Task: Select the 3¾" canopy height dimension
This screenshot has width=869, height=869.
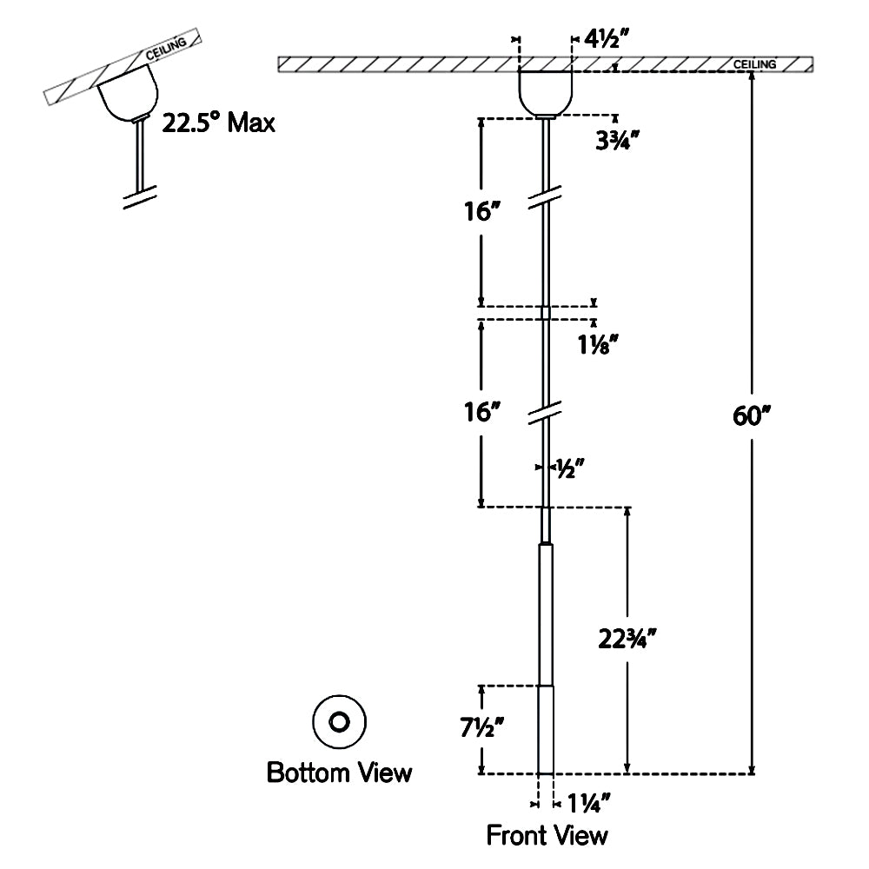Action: pos(617,141)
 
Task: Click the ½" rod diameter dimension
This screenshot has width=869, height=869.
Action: pos(568,469)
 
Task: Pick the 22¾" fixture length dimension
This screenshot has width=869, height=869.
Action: pos(627,640)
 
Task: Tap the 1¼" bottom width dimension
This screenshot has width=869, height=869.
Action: pos(587,802)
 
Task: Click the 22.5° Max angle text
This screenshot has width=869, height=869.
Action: pos(218,123)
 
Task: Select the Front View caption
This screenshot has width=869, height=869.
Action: pos(547,836)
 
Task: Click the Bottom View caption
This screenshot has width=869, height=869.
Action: pos(339,772)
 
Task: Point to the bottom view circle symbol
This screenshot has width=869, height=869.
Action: pos(339,721)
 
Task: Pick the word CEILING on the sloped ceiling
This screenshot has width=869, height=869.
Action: pos(164,52)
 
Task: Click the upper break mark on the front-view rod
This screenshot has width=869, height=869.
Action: pos(546,198)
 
